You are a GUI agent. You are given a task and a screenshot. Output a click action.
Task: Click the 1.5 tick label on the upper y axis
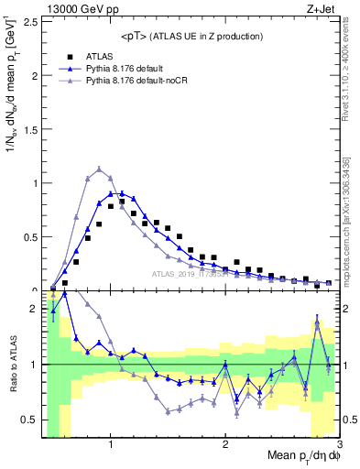tap(30, 129)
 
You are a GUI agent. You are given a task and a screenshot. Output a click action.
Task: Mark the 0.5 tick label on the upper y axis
tap(30, 237)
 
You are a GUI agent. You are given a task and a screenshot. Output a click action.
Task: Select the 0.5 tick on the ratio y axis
tap(30, 420)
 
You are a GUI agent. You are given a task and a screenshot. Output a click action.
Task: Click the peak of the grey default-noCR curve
tap(99, 169)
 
